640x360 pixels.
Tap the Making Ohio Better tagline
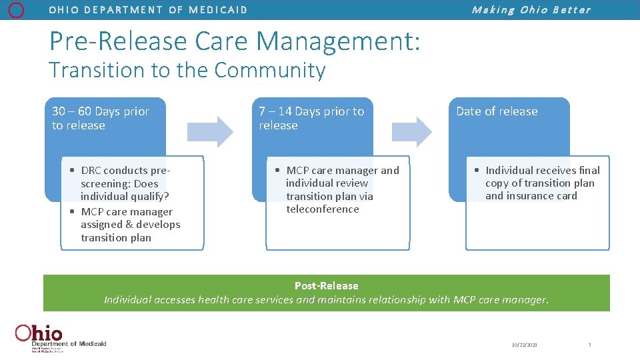click(531, 10)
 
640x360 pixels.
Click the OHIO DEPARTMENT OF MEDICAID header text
click(148, 10)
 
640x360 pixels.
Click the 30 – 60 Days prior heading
click(101, 111)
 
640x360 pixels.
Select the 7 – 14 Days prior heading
click(311, 111)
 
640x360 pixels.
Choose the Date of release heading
click(497, 111)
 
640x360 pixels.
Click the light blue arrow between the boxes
click(210, 131)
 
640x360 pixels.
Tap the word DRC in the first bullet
click(91, 171)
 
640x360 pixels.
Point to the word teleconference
click(323, 209)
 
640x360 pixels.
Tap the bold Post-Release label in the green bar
click(326, 286)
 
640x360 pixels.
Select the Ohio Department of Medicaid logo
click(60, 337)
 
